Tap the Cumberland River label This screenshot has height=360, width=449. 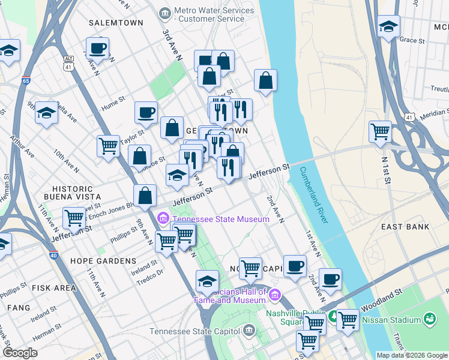pos(313,194)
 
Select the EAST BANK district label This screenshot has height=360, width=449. pos(405,227)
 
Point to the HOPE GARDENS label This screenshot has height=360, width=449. pos(103,261)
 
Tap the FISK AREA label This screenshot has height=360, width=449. pos(54,288)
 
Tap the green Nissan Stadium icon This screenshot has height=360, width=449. pos(430,319)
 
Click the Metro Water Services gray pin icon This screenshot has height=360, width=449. pos(164,13)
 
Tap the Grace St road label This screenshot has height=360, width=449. pos(412,40)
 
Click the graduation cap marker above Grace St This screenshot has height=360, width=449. pos(388,26)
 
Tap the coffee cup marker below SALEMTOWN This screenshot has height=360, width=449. pos(97,47)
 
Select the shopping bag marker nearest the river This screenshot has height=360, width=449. pos(265,80)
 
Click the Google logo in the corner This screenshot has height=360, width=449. pos(20,353)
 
